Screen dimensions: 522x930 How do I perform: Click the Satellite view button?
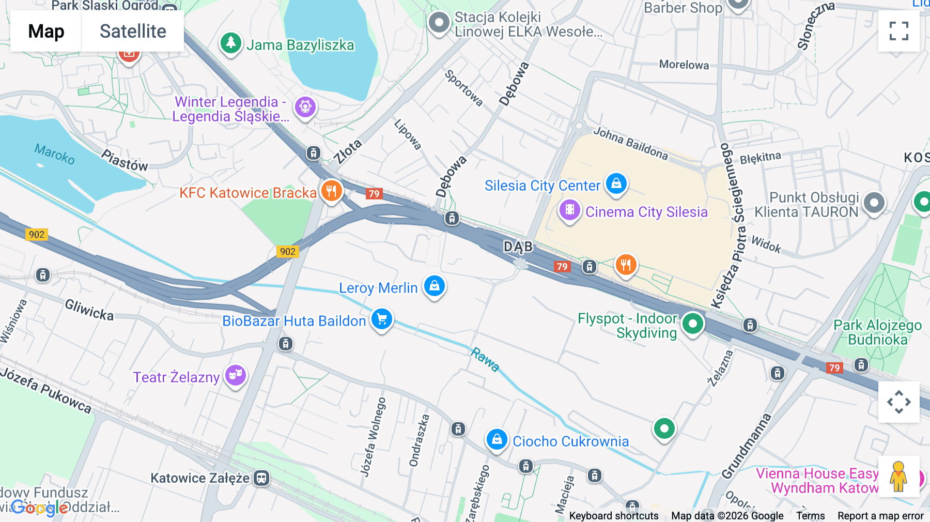click(133, 31)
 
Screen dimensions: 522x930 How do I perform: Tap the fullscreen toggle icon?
click(898, 31)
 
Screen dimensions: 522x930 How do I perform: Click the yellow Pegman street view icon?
click(898, 477)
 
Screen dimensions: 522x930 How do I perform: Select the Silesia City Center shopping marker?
click(616, 183)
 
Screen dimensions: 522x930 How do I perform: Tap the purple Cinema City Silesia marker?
click(569, 210)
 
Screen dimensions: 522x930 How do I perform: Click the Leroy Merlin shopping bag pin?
click(434, 286)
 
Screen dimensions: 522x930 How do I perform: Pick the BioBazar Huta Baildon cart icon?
click(382, 319)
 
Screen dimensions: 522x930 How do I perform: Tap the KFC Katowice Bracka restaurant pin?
click(331, 191)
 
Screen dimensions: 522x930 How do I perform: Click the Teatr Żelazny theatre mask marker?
click(236, 375)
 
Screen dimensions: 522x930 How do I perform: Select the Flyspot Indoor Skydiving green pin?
click(692, 324)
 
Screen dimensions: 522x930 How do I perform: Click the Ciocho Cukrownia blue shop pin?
click(497, 440)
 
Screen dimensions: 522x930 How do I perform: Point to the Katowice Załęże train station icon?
click(261, 478)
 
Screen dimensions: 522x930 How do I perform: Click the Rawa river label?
click(485, 359)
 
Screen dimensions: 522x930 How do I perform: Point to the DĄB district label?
click(518, 247)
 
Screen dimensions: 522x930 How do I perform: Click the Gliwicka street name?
click(89, 310)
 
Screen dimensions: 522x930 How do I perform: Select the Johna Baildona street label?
click(630, 143)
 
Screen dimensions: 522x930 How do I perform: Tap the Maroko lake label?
click(55, 154)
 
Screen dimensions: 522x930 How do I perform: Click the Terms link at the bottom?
click(810, 516)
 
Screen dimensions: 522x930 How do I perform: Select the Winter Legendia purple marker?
click(305, 107)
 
